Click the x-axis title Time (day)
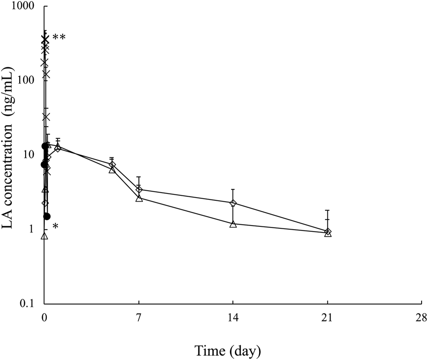coord(228,351)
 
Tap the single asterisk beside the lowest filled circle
coord(55,226)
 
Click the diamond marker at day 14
coord(233,203)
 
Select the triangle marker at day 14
coord(233,224)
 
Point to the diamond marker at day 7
coord(139,189)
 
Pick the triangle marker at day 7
coord(139,198)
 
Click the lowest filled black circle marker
coord(47,216)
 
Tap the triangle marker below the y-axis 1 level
coord(44,236)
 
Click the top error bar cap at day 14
coord(233,189)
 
